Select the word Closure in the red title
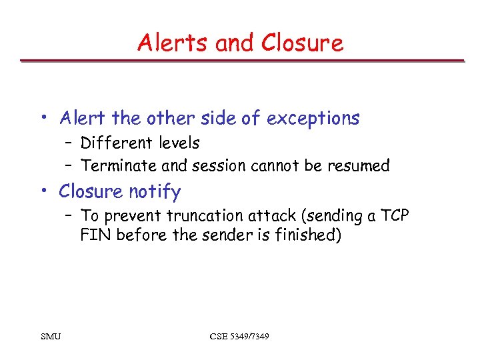click(302, 43)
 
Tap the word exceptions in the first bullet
click(313, 119)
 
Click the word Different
click(110, 143)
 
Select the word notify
click(155, 192)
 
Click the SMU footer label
click(51, 336)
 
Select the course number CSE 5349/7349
click(239, 336)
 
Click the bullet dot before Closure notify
click(43, 192)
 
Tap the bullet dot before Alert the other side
click(43, 119)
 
